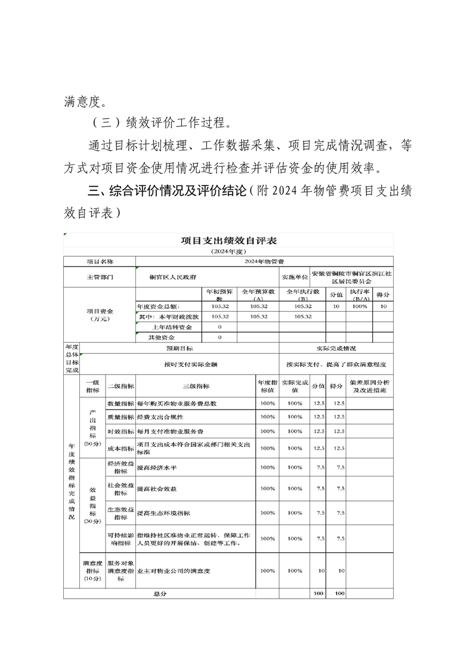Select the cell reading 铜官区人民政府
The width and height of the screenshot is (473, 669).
174,277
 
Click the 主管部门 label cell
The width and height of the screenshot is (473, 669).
100,277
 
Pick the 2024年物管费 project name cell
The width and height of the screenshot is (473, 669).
264,262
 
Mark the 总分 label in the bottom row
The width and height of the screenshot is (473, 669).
160,594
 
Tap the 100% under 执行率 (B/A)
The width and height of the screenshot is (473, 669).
360,306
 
